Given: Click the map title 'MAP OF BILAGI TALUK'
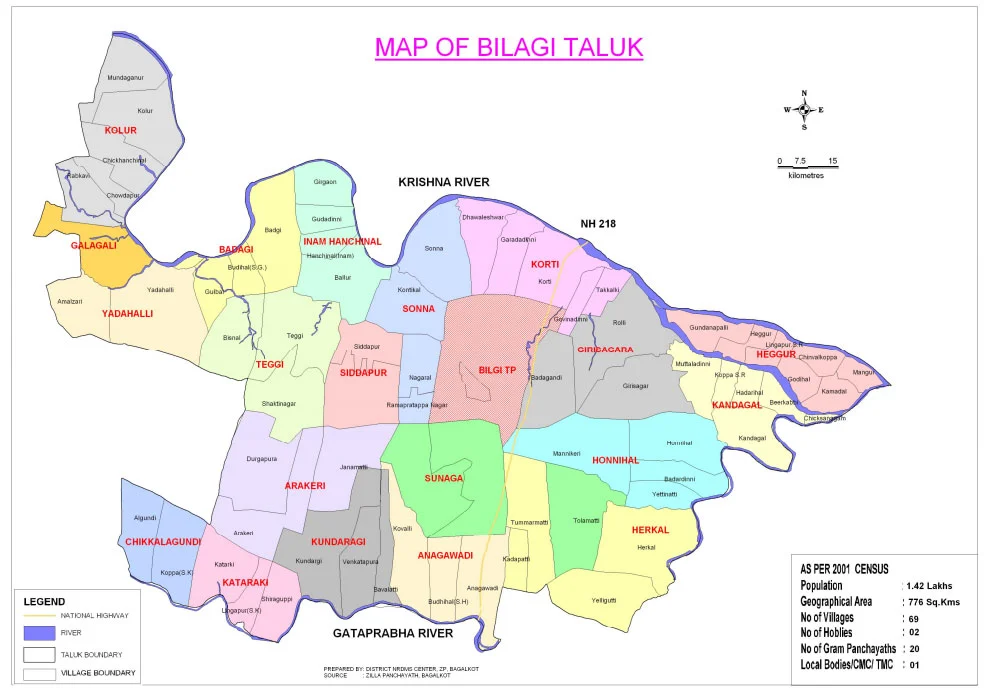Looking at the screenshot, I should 508,47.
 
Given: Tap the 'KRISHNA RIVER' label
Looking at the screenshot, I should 443,182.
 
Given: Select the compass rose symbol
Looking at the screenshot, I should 804,110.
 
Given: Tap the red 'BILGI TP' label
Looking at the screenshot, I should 497,370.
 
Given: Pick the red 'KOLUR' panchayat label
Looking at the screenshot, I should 120,130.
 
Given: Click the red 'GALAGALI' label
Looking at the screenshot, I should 93,245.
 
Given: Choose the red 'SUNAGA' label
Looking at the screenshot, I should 444,478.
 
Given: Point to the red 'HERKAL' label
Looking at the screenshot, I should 650,529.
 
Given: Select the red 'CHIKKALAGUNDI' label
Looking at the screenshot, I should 164,541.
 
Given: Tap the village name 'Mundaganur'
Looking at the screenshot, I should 126,77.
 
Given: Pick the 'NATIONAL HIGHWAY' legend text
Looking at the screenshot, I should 95,615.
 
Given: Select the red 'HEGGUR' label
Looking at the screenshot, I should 776,354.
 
